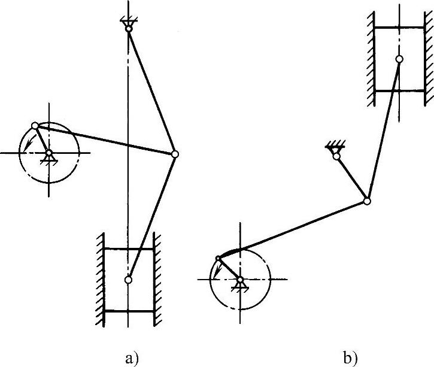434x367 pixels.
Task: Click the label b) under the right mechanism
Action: tap(351, 359)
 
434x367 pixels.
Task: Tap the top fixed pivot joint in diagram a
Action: tap(128, 28)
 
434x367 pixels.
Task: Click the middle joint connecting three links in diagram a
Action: tap(175, 154)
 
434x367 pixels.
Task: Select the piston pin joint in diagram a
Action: tap(128, 280)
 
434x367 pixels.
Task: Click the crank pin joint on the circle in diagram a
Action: tap(35, 126)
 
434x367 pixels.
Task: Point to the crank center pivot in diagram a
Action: tap(49, 153)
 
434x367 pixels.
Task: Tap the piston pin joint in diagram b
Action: tap(399, 59)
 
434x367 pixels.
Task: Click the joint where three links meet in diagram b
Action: tap(367, 202)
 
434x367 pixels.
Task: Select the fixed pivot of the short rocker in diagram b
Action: tap(336, 156)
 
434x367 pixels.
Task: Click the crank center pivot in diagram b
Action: tap(240, 280)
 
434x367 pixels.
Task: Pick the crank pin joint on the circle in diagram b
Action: tap(218, 258)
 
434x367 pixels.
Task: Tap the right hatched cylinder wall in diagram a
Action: tap(158, 281)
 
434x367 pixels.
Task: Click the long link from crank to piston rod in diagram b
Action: tap(293, 230)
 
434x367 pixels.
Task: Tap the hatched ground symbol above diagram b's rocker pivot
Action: tap(334, 146)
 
